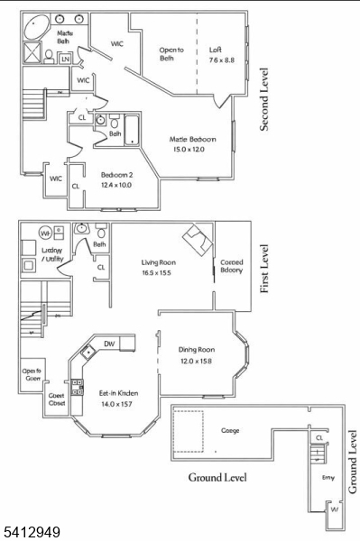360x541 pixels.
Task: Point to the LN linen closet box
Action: tap(65, 60)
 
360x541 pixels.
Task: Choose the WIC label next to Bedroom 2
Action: tap(55, 179)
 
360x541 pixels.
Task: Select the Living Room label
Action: tap(158, 269)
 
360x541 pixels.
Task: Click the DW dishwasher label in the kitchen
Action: tap(108, 344)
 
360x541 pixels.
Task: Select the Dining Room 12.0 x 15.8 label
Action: tap(196, 354)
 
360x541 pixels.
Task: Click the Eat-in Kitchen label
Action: tap(118, 399)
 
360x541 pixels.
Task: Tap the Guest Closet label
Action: tap(56, 399)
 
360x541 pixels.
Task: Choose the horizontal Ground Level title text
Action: tap(217, 477)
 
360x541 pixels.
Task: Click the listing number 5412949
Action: tap(31, 533)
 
